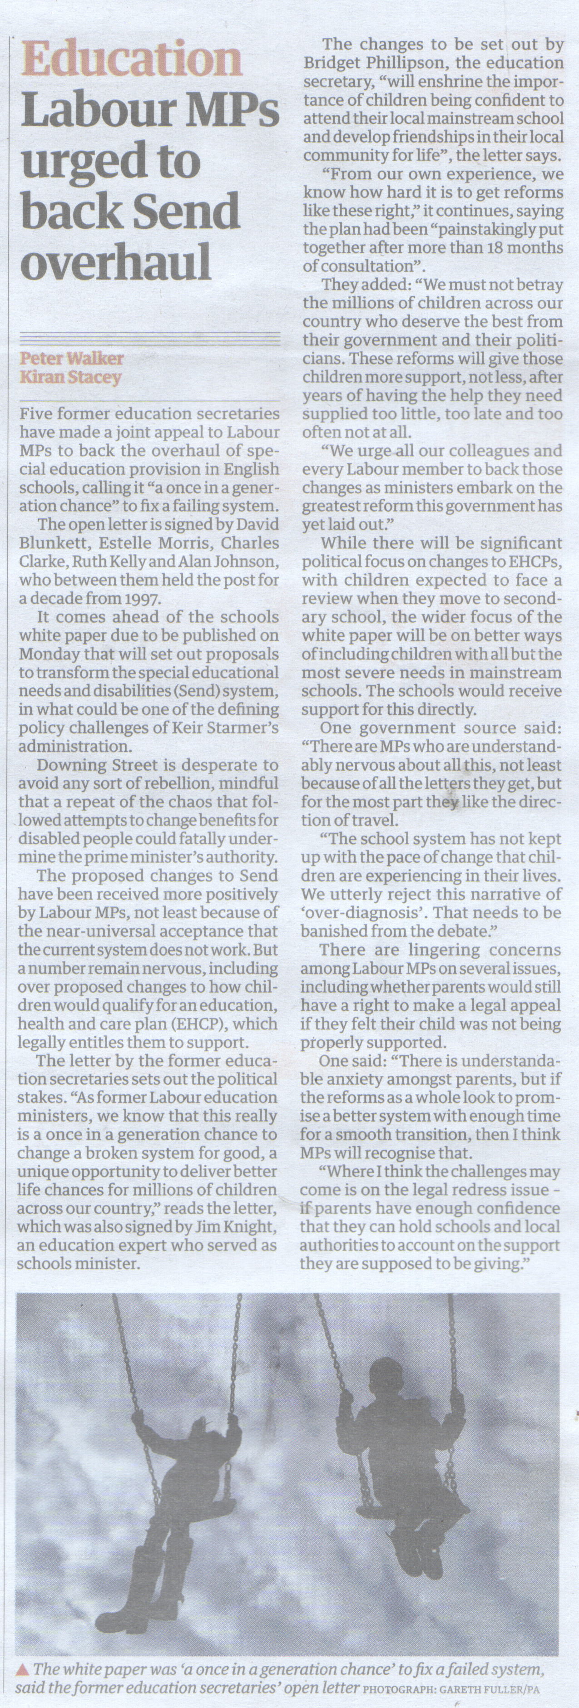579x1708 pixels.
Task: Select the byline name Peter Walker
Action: pos(72,359)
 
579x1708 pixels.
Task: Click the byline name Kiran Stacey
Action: pos(70,378)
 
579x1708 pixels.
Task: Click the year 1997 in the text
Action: pos(143,598)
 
